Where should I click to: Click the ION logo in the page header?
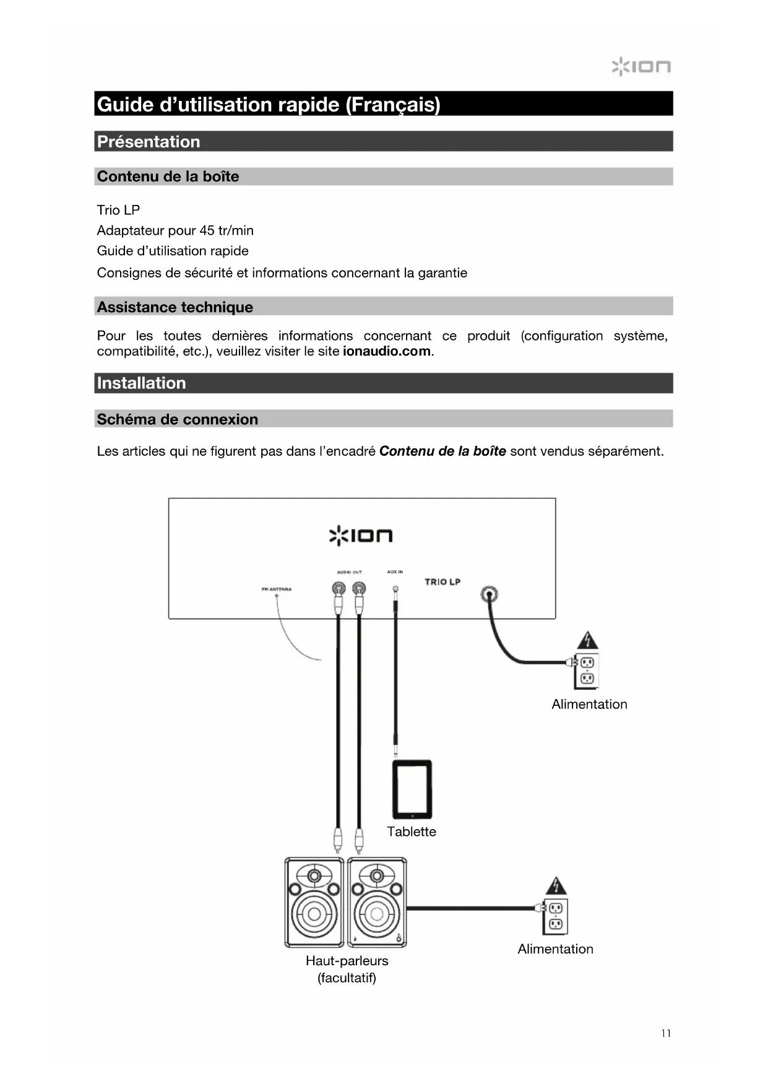tap(641, 66)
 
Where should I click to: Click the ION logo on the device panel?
tap(360, 536)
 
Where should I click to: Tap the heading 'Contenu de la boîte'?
tap(168, 176)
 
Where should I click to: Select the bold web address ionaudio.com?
tap(386, 351)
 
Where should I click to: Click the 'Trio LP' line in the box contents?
tap(118, 210)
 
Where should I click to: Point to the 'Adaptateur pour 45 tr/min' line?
tap(175, 230)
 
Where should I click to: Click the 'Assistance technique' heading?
tap(175, 307)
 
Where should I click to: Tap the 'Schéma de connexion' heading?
tap(177, 419)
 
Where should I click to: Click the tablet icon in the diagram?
tap(412, 789)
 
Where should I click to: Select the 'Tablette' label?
tap(412, 832)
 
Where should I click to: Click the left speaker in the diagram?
tap(314, 902)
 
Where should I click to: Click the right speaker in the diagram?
tap(377, 902)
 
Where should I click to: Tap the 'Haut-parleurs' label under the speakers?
tap(347, 961)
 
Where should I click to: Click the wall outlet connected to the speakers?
tap(555, 916)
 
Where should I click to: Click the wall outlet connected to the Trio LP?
tap(587, 671)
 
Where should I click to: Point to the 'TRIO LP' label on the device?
tap(442, 581)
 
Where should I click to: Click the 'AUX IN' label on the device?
tap(395, 571)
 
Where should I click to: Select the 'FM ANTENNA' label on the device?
tap(277, 589)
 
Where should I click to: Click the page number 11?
tap(666, 1033)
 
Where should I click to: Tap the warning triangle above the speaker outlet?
tap(556, 886)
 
